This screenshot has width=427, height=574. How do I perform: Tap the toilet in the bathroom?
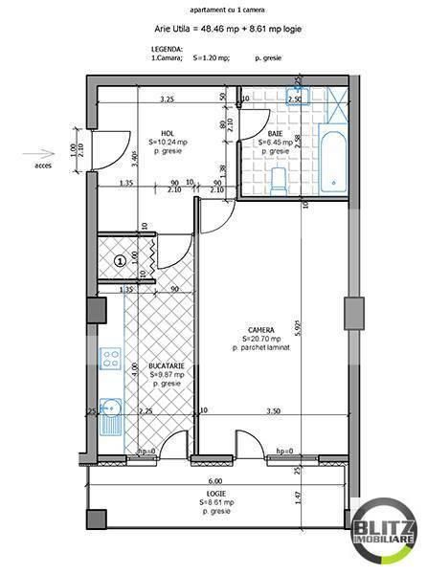(x=279, y=178)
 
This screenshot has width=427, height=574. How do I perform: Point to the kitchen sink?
(x=111, y=413)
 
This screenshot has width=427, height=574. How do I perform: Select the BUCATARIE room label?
(x=166, y=365)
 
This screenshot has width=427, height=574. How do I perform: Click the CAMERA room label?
(x=260, y=330)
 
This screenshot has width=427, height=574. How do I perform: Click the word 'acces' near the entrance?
(x=43, y=165)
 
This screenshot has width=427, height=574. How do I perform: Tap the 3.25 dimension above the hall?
(x=166, y=99)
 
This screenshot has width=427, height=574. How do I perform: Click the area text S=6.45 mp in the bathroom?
(x=274, y=143)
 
